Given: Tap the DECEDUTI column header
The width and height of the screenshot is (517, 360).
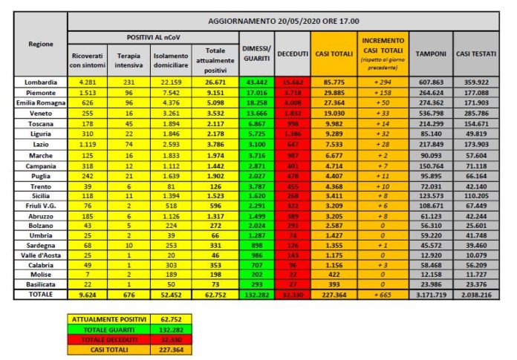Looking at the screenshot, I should (292, 54).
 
